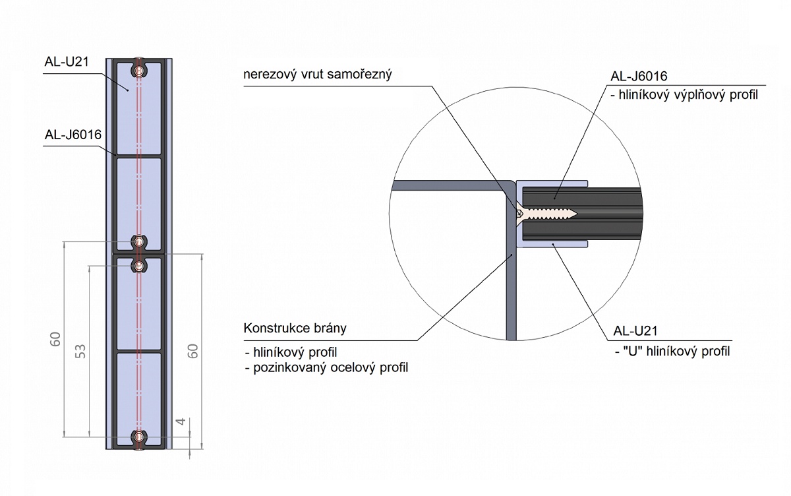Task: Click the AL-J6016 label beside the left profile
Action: [73, 135]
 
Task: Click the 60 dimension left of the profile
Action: [56, 340]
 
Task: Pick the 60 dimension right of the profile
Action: [193, 350]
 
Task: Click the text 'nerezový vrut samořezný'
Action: [318, 75]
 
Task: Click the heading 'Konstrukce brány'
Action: [295, 328]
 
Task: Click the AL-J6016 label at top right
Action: [639, 75]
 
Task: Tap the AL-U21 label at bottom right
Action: [635, 330]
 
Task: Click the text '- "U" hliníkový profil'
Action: [671, 351]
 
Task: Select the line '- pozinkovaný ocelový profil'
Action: [326, 367]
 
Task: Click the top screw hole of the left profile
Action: [138, 69]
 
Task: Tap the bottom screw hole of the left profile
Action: [138, 437]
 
